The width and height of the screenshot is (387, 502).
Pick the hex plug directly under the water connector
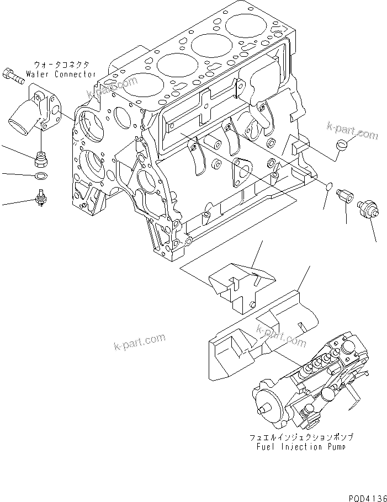click(x=41, y=159)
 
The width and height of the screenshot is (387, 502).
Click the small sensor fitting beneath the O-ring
click(x=41, y=197)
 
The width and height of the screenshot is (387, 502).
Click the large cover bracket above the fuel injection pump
click(x=262, y=337)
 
